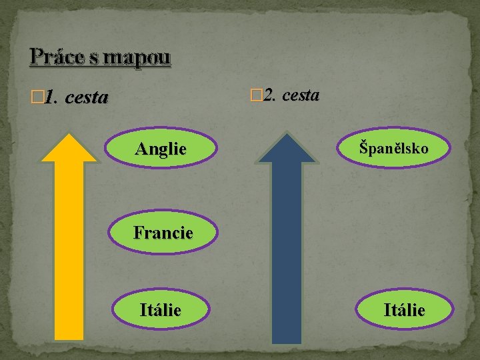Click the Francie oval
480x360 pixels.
pyautogui.click(x=163, y=233)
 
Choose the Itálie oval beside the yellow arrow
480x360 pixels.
pyautogui.click(x=160, y=309)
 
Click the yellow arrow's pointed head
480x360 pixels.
pyautogui.click(x=69, y=148)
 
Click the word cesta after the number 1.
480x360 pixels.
pyautogui.click(x=87, y=98)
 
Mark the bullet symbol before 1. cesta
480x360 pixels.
pyautogui.click(x=37, y=99)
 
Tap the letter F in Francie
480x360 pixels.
pyautogui.click(x=138, y=233)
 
